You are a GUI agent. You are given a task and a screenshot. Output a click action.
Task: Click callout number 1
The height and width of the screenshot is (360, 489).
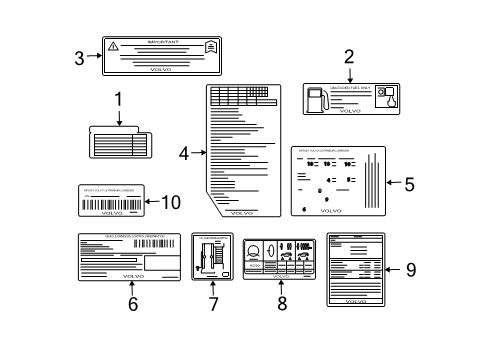[118, 100]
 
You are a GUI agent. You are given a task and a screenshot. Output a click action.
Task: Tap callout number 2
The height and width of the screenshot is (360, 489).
[349, 58]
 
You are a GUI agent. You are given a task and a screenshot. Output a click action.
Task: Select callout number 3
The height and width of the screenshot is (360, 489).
[80, 56]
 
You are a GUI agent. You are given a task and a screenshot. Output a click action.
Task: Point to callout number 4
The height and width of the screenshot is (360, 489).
[184, 153]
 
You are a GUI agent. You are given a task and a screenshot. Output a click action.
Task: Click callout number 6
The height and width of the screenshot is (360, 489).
[132, 304]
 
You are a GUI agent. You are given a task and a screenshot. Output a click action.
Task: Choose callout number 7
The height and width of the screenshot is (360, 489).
[213, 304]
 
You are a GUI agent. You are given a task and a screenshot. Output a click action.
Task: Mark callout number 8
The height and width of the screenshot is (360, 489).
[282, 304]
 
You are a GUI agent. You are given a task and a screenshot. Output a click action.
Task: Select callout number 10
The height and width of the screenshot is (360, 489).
[171, 202]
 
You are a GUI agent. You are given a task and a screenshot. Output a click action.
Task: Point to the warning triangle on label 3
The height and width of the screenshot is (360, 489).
[113, 46]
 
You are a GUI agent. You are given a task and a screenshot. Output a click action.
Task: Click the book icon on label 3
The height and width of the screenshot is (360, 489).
[209, 47]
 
